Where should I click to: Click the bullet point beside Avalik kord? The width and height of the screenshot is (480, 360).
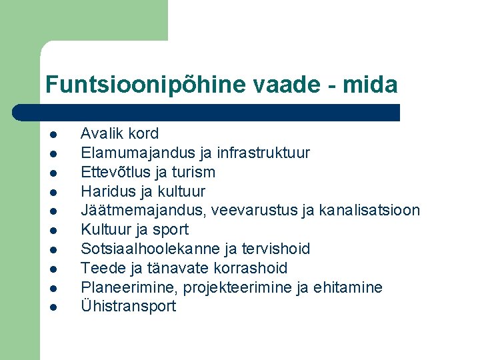coord(52,134)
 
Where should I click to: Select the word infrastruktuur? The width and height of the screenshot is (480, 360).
coord(263,153)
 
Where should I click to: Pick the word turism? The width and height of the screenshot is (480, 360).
coord(193,172)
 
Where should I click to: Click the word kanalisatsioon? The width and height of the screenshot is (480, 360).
coord(369,211)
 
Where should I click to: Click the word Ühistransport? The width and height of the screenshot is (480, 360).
coord(128,307)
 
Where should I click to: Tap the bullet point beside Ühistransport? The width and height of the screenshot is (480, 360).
coord(52,307)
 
